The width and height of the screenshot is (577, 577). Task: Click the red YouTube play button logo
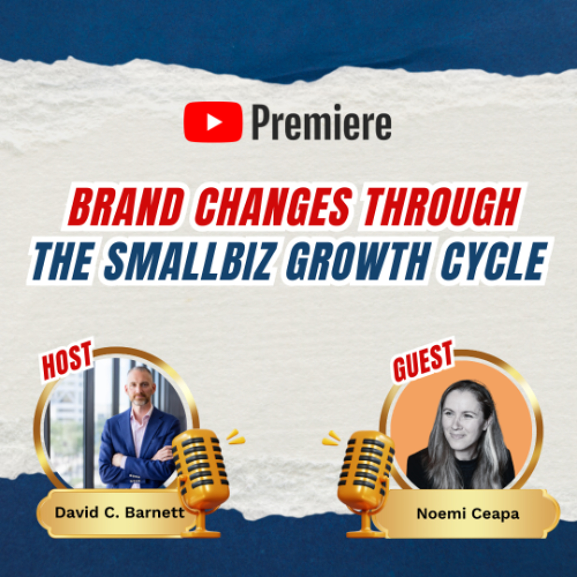tap(213, 122)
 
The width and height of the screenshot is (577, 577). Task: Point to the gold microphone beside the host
tap(201, 475)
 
